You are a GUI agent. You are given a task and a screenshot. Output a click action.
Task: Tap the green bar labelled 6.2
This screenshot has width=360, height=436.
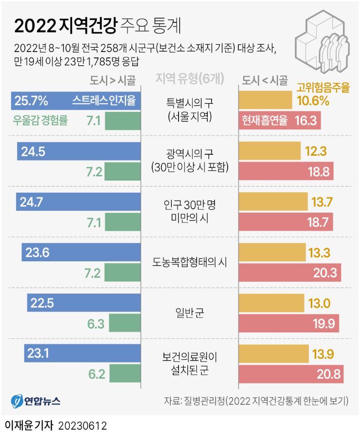pos(125,375)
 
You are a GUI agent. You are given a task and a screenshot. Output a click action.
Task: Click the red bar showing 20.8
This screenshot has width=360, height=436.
pos(291,375)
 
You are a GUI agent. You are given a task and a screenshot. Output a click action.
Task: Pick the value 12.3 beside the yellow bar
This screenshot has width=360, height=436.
pos(316,152)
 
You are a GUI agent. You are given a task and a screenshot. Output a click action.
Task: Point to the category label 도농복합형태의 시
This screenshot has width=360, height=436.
pos(189,262)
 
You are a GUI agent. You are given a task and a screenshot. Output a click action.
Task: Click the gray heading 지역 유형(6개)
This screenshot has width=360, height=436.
pos(189,79)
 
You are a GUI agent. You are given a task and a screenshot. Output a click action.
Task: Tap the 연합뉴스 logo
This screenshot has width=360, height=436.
pos(36,401)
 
